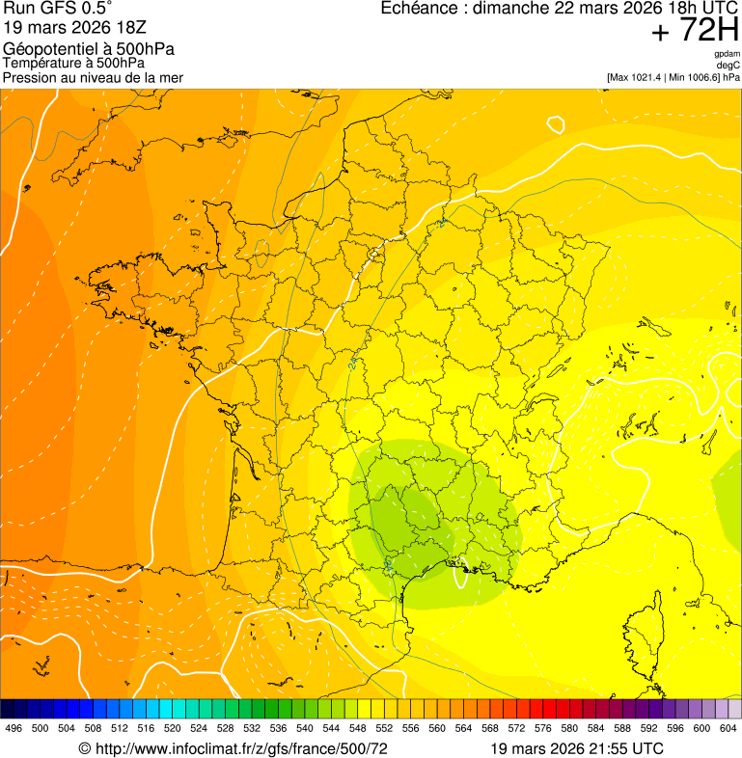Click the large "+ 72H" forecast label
[695, 32]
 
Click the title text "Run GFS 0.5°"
[58, 10]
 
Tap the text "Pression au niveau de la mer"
[93, 77]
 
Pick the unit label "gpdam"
[727, 54]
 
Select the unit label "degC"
[728, 66]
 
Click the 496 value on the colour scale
[14, 728]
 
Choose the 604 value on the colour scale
[728, 728]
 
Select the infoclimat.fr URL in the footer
[233, 748]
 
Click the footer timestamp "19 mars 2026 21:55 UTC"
[576, 748]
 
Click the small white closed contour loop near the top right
[555, 124]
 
